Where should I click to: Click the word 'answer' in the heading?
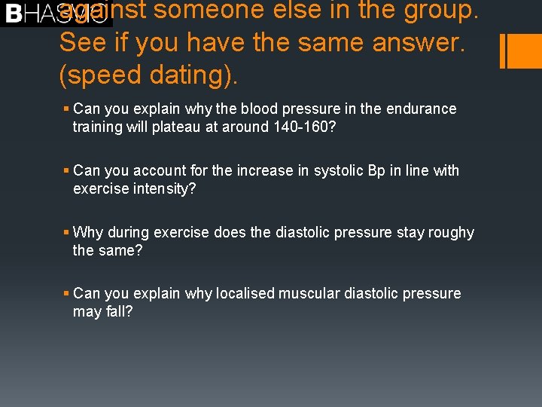414,42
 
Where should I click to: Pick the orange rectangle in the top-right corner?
522,50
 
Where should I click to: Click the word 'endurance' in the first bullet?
421,109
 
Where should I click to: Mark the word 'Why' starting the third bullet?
88,232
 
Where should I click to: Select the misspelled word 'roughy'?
451,232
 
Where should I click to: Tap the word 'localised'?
245,293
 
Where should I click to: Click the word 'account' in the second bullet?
157,170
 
